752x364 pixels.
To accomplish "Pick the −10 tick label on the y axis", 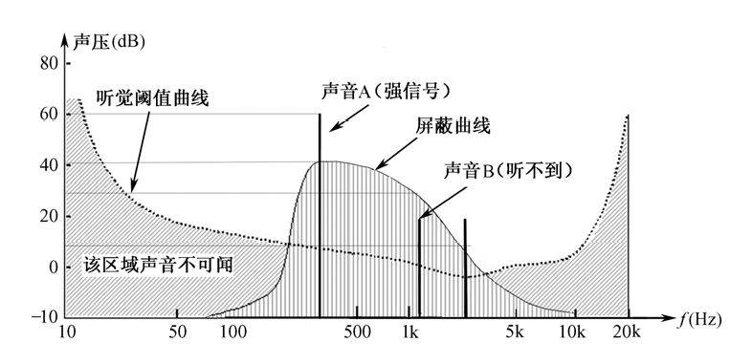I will [43, 316].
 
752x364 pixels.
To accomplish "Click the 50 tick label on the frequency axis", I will [176, 333].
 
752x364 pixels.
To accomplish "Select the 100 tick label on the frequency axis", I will [233, 333].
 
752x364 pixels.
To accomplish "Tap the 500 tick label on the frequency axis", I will [356, 333].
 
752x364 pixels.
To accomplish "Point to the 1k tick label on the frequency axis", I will [409, 333].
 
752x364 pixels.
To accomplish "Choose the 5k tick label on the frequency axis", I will [517, 333].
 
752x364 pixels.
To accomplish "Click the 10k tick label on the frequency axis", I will [572, 333].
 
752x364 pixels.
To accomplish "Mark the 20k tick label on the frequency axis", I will [628, 333].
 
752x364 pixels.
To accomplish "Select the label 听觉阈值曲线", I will [153, 96].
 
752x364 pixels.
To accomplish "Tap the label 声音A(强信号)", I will [386, 90].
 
